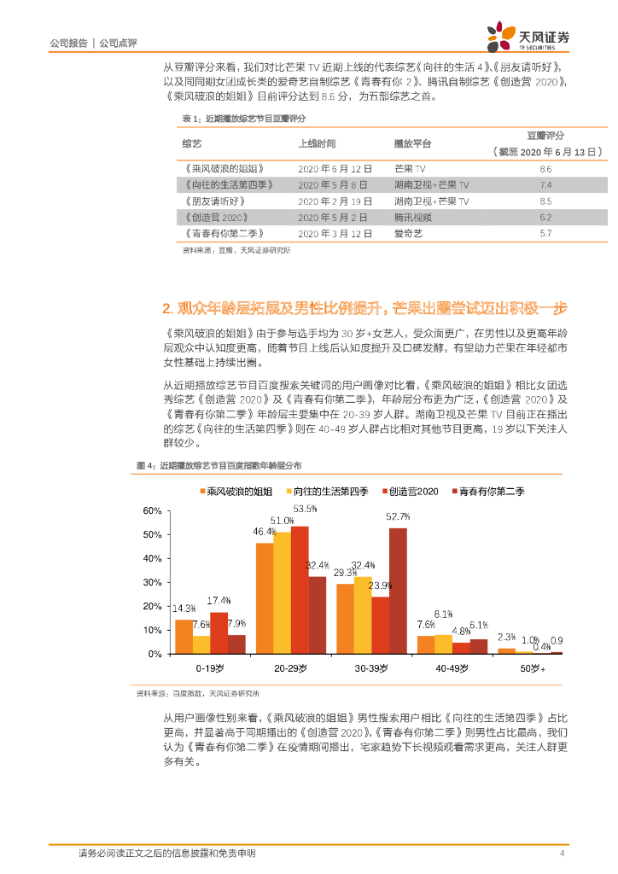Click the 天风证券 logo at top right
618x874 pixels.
tap(528, 35)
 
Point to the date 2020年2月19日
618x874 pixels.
tap(334, 201)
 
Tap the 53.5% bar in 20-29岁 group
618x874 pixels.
tap(300, 589)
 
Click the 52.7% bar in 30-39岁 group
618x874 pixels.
tap(398, 591)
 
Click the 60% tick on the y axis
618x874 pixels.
tap(152, 510)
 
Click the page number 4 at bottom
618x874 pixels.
tap(562, 854)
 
